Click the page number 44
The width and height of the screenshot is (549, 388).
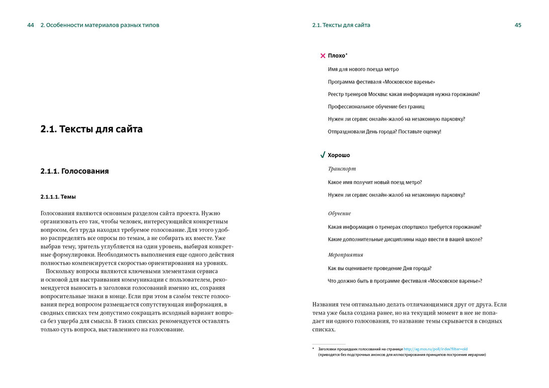tap(31, 25)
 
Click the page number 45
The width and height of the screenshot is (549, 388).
tap(518, 25)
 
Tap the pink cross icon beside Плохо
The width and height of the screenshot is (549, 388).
tap(323, 56)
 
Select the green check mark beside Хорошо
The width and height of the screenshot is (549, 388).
tap(322, 155)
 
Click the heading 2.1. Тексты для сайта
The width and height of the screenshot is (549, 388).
tap(91, 129)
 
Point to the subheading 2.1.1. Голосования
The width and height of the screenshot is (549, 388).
tap(74, 171)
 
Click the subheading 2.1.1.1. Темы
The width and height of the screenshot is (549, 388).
tap(58, 197)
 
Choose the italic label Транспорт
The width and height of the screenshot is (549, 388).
tap(342, 169)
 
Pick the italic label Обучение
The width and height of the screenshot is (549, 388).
tap(339, 214)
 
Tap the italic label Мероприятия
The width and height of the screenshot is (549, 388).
tap(345, 255)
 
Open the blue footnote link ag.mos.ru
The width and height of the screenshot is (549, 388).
tap(435, 348)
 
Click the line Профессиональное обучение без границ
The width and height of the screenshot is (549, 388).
tap(376, 106)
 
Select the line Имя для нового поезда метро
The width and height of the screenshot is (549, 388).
tap(363, 69)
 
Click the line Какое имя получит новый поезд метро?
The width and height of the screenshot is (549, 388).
tap(375, 182)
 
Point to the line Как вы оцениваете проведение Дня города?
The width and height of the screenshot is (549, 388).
tap(379, 268)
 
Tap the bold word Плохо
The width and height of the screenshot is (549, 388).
tap(337, 56)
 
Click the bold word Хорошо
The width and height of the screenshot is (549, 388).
tap(339, 155)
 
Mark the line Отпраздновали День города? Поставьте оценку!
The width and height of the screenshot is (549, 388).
tap(384, 132)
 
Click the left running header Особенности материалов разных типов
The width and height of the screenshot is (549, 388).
tap(99, 25)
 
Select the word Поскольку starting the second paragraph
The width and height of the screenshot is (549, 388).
tap(63, 272)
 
